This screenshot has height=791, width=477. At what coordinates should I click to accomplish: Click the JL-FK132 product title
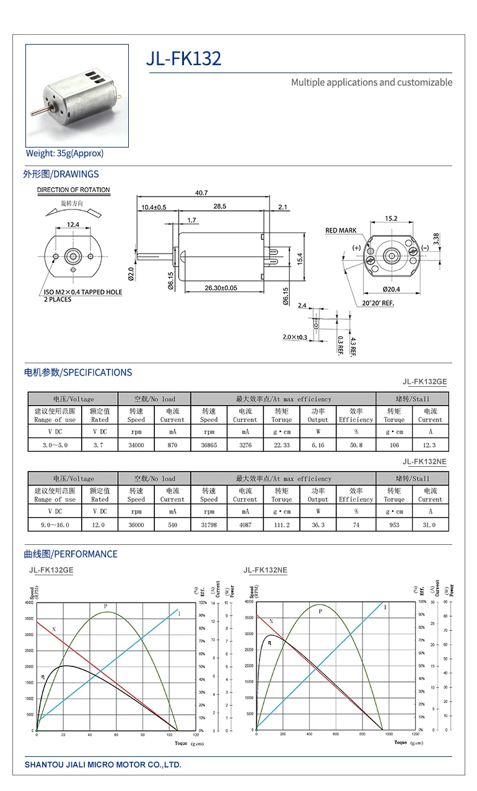coord(183,59)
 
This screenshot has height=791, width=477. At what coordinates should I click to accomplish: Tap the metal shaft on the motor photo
coord(37,113)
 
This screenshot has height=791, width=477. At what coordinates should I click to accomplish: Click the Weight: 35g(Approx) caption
coord(64,153)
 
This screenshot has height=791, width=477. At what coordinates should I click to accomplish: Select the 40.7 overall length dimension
coord(201,193)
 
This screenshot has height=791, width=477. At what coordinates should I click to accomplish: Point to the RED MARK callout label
coord(341,231)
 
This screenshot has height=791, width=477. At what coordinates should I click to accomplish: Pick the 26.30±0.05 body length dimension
coord(212,288)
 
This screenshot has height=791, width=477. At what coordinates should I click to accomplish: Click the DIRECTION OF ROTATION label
coord(73,190)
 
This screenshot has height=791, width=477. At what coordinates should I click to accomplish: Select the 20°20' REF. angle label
coord(378,303)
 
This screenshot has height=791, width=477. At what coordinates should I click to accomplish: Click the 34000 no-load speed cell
coord(136,445)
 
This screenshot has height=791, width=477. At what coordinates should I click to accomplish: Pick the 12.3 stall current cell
coord(430,445)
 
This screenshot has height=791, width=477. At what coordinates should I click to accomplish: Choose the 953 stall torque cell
coord(394,524)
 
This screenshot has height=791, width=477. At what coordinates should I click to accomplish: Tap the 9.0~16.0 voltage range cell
coord(55,524)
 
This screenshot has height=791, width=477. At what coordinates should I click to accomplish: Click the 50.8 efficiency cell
coord(356,445)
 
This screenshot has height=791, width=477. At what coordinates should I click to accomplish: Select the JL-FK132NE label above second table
coord(424,462)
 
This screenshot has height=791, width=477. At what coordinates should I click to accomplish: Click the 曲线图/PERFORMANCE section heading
coord(71,554)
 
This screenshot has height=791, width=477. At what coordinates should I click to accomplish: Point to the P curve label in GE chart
coord(105,606)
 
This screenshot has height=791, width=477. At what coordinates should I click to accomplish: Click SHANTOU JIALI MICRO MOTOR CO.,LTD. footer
coord(103,764)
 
